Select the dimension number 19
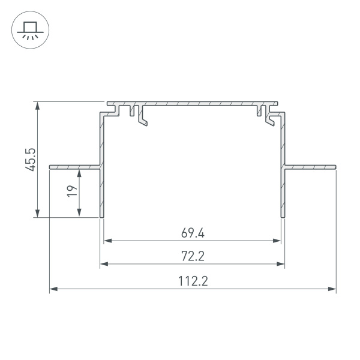tap(71, 191)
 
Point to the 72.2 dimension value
tap(193, 256)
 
